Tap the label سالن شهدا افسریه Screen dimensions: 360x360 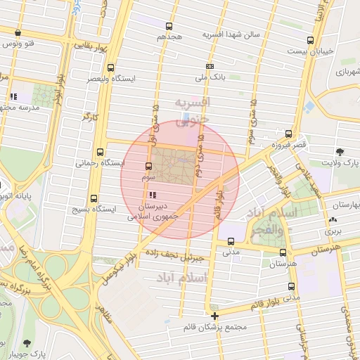pos(231,34)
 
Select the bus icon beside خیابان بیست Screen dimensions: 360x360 pos(310,41)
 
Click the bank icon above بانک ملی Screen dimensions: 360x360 pos(209,67)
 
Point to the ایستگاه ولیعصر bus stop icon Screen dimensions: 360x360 pos(110,68)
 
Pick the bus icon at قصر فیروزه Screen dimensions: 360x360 pos(288,134)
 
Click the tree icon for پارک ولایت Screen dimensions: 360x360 pos(340,151)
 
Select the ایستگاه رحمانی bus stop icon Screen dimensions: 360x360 pos(100,151)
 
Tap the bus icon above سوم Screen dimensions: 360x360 pos(148,167)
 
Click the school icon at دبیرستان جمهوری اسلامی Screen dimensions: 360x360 pos(153,195)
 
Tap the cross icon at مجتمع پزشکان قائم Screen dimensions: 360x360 pos(214,316)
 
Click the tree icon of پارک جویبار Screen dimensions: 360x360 pos(27,343)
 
